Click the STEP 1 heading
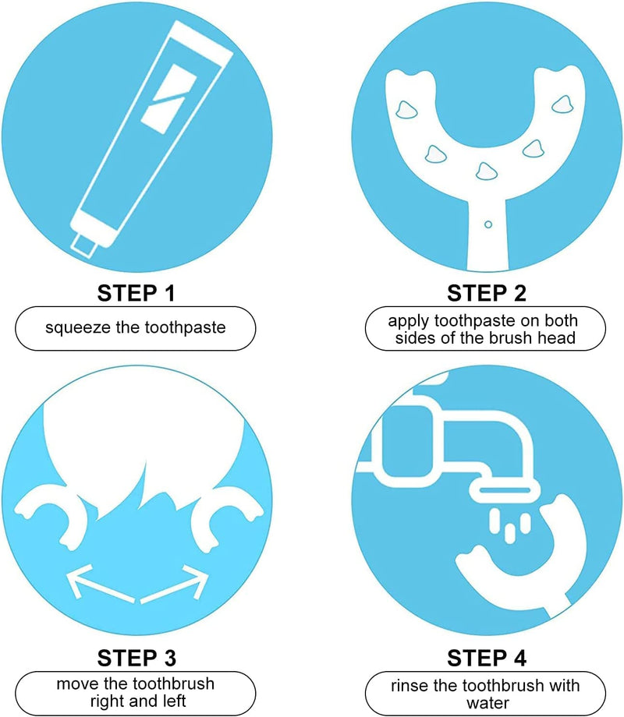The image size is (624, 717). pyautogui.click(x=136, y=293)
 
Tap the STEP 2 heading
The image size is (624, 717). pyautogui.click(x=487, y=293)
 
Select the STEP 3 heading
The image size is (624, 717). pyautogui.click(x=136, y=658)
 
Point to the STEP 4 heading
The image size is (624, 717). pyautogui.click(x=487, y=658)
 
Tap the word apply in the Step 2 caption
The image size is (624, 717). pyautogui.click(x=409, y=321)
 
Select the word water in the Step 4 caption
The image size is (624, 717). pyautogui.click(x=487, y=703)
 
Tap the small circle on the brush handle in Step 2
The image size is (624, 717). pyautogui.click(x=488, y=224)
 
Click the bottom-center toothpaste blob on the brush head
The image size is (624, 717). pyautogui.click(x=486, y=171)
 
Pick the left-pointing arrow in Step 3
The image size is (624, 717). pyautogui.click(x=101, y=583)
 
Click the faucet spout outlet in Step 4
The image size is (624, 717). pyautogui.click(x=505, y=491)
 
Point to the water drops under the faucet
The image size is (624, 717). pyautogui.click(x=509, y=525)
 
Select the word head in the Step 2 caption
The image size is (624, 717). pyautogui.click(x=556, y=338)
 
